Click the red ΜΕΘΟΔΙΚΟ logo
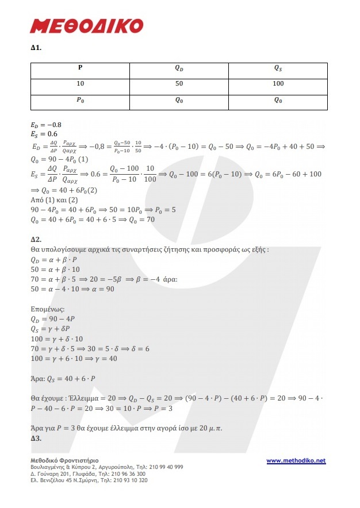pyautogui.click(x=86, y=25)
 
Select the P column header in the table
pyautogui.click(x=80, y=68)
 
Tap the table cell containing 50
pyautogui.click(x=179, y=84)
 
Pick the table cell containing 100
pyautogui.click(x=278, y=84)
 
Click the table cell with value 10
pyautogui.click(x=80, y=84)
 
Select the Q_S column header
pyautogui.click(x=278, y=68)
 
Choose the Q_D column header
pyautogui.click(x=179, y=68)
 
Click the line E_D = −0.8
pyautogui.click(x=46, y=125)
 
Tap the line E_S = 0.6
pyautogui.click(x=44, y=134)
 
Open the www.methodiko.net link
pyautogui.click(x=296, y=460)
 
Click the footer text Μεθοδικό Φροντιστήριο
pyautogui.click(x=64, y=460)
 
